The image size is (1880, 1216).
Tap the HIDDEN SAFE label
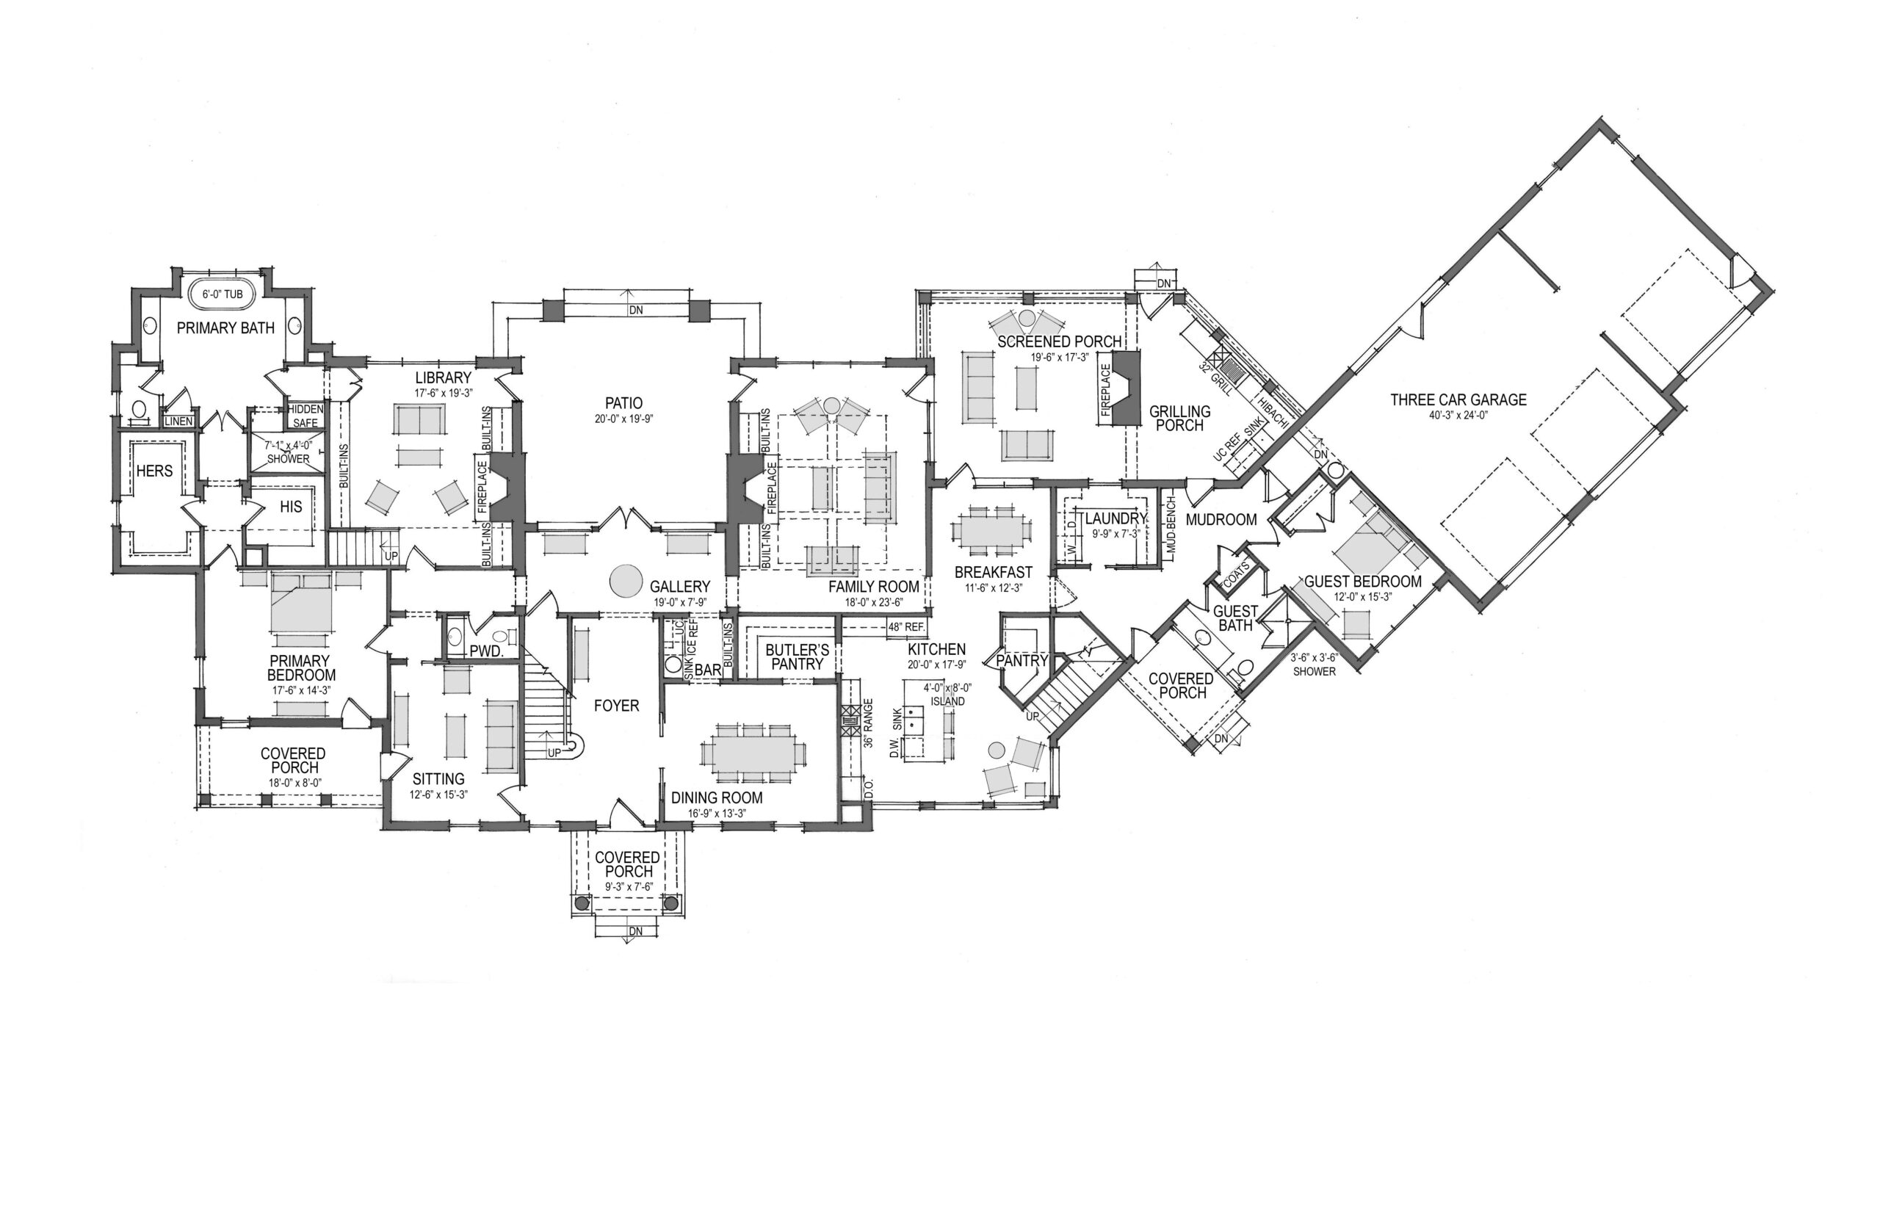pos(305,416)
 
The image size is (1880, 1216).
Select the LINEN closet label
pos(178,421)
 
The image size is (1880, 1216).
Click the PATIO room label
pos(624,403)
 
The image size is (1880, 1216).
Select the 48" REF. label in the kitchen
pos(905,627)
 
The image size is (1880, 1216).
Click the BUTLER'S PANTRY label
pos(797,657)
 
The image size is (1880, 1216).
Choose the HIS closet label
pos(291,507)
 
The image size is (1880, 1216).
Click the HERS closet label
pos(154,471)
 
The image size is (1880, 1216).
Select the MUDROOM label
pos(1221,520)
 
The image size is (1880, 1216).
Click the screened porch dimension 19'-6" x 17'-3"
pos(1058,357)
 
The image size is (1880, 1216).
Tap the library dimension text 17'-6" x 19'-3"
pos(443,392)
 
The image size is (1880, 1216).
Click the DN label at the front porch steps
pos(636,932)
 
